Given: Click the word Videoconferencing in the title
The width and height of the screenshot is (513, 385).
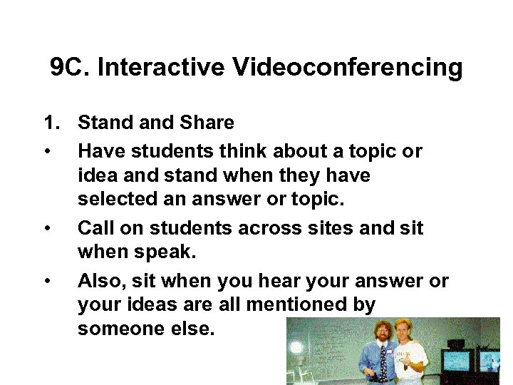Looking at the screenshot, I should pos(347,68).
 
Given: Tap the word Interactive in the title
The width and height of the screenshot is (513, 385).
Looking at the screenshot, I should pos(161,68).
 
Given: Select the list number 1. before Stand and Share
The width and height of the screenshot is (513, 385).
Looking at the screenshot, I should pos(51,123).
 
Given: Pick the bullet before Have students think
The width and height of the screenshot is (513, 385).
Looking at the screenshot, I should pos(46,152).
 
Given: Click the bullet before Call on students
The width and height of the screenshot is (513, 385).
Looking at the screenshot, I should pos(46,229).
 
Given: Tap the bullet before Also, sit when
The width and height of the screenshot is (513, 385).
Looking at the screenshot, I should pos(46,282).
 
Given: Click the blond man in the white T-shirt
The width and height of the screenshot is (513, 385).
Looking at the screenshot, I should pos(408,356).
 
